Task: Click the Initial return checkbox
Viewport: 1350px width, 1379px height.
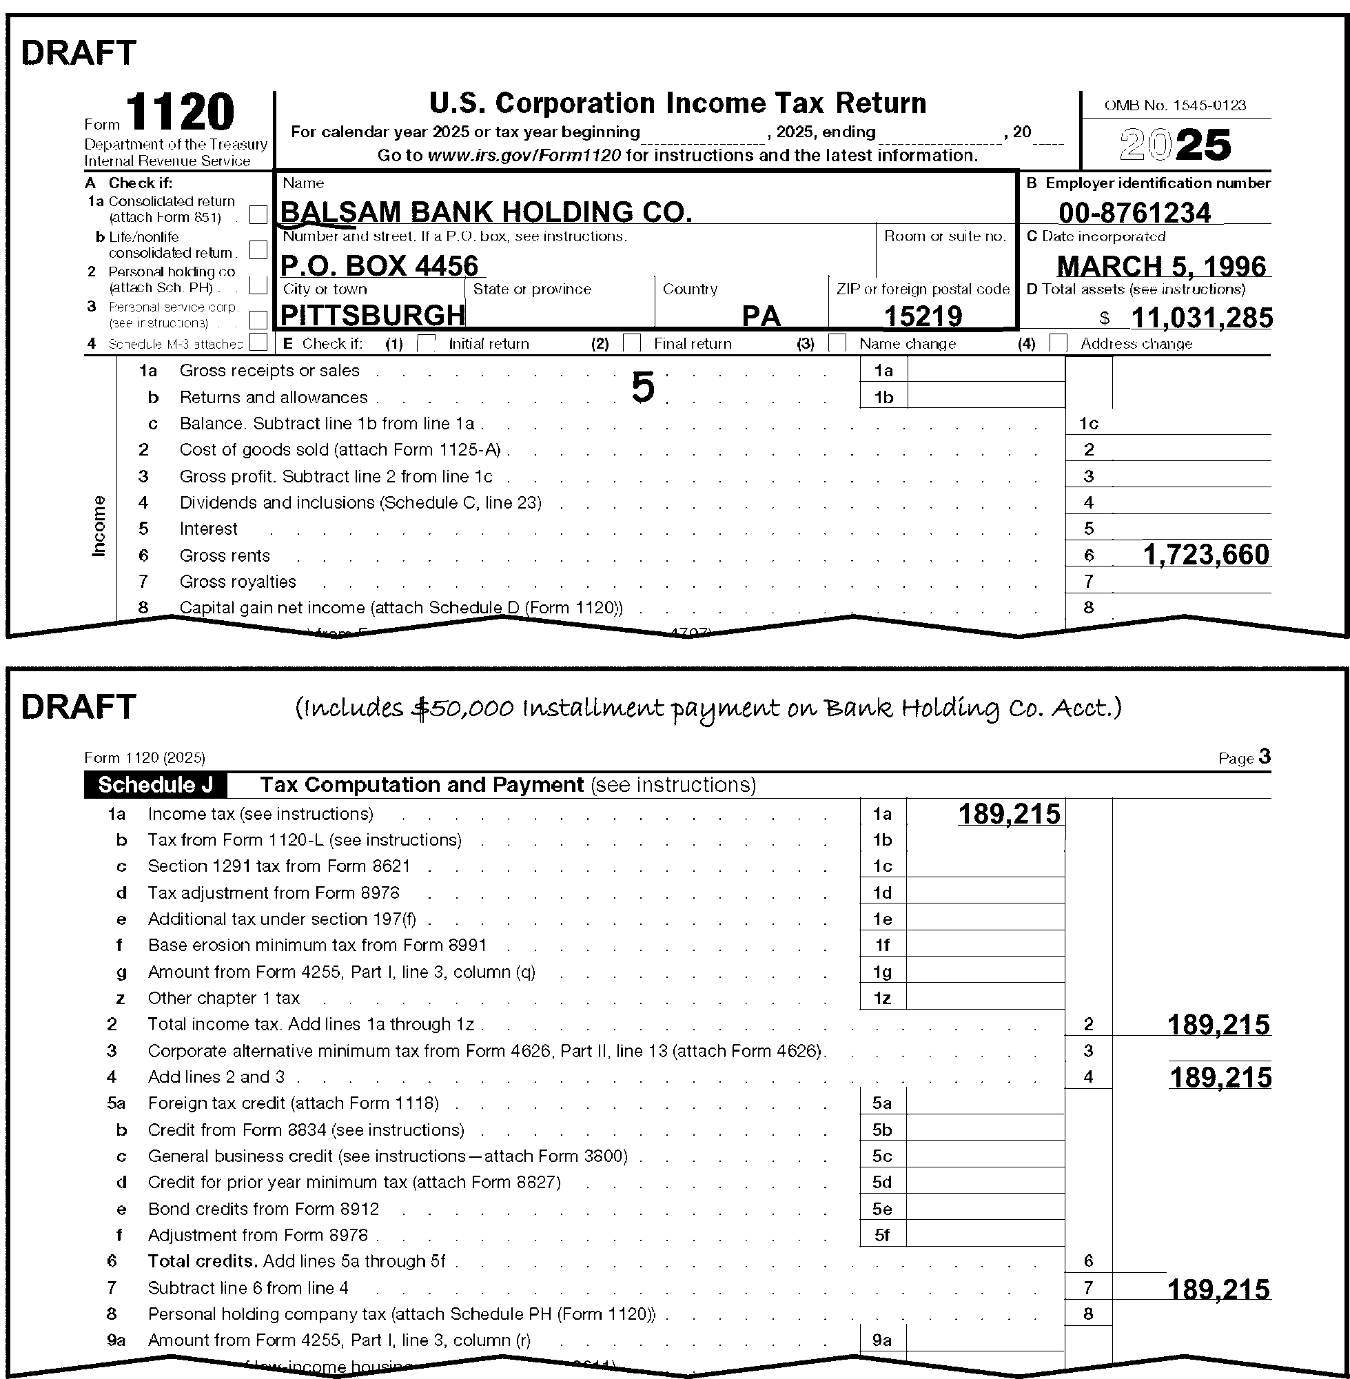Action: pyautogui.click(x=427, y=343)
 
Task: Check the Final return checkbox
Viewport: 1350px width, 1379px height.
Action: pyautogui.click(x=632, y=343)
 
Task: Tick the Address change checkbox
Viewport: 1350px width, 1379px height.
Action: pyautogui.click(x=1058, y=343)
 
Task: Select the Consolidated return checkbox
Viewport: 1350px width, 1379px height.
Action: pyautogui.click(x=259, y=214)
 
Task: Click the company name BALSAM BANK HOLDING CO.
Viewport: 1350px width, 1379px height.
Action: pyautogui.click(x=487, y=212)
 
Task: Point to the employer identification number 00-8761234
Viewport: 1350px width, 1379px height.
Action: pyautogui.click(x=1134, y=213)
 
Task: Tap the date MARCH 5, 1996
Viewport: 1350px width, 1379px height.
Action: pyautogui.click(x=1161, y=266)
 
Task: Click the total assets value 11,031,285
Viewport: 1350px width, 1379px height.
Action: pyautogui.click(x=1201, y=318)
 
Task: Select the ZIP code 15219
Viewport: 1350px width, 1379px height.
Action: pyautogui.click(x=923, y=316)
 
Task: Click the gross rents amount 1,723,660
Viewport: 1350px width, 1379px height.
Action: pyautogui.click(x=1205, y=555)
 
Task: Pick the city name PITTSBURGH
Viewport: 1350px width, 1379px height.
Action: pyautogui.click(x=373, y=316)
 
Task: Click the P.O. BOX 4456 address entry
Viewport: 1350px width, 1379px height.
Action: pyautogui.click(x=380, y=265)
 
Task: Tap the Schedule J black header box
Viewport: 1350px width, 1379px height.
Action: pyautogui.click(x=155, y=785)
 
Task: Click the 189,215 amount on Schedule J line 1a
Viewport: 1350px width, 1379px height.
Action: pyautogui.click(x=1009, y=814)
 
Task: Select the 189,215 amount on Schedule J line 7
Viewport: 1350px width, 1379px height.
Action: pyautogui.click(x=1218, y=1288)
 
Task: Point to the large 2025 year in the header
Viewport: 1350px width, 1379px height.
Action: pyautogui.click(x=1175, y=145)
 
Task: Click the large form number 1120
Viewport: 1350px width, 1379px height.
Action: pyautogui.click(x=180, y=113)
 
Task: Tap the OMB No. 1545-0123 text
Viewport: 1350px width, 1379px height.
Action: pyautogui.click(x=1175, y=105)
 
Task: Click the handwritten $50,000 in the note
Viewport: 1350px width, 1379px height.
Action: pyautogui.click(x=462, y=708)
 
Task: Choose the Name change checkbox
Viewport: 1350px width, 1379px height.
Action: pyautogui.click(x=837, y=343)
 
